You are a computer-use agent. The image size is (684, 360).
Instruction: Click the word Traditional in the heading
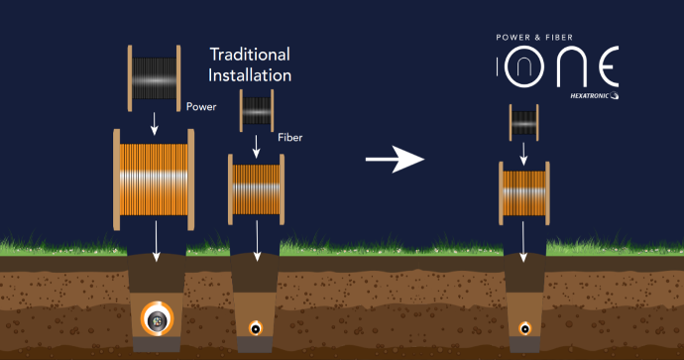click(250, 55)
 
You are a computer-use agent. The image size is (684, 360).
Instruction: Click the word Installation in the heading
click(250, 75)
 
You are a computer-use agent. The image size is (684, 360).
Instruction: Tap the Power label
click(201, 107)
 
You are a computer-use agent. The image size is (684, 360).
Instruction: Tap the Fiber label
click(290, 138)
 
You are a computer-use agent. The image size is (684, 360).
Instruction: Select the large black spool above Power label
click(154, 78)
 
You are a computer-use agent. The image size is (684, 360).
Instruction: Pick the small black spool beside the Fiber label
click(257, 110)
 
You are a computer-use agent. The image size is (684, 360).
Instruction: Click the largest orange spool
click(154, 180)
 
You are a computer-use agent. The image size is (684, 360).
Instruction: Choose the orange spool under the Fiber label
click(256, 189)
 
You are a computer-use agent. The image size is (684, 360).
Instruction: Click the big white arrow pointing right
click(395, 160)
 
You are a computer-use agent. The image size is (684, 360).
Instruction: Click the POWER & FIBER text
click(534, 38)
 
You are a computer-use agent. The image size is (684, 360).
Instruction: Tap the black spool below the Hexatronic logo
click(524, 123)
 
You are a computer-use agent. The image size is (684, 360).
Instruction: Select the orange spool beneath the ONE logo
click(524, 193)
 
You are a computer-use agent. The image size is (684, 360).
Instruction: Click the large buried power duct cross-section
click(157, 319)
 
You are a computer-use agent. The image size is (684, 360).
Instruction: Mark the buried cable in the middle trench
click(256, 327)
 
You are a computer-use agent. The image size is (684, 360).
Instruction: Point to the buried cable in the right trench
click(525, 328)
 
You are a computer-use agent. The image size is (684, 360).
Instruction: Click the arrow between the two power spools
click(154, 124)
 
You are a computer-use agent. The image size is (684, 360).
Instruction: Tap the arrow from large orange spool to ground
click(157, 241)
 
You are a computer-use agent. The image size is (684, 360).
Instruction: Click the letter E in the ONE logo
click(609, 66)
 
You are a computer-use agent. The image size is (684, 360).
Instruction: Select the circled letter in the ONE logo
click(524, 66)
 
